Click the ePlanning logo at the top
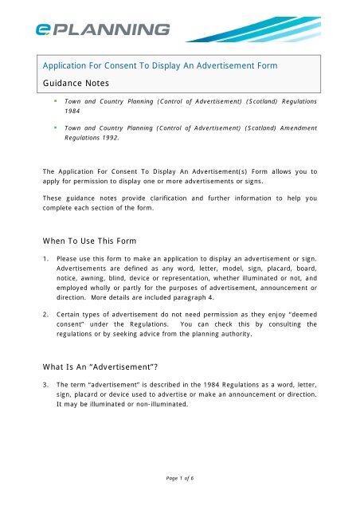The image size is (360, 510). click(101, 29)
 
